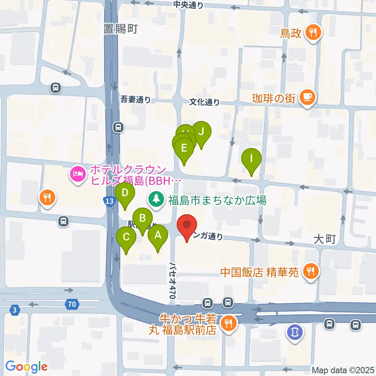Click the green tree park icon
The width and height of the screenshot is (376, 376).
coord(156,199)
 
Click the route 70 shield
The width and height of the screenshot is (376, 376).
coord(72,304)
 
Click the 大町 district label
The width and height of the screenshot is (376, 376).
coord(325,239)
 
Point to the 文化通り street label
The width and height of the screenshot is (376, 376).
coord(204,102)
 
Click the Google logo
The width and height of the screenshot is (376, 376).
coord(27,367)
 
